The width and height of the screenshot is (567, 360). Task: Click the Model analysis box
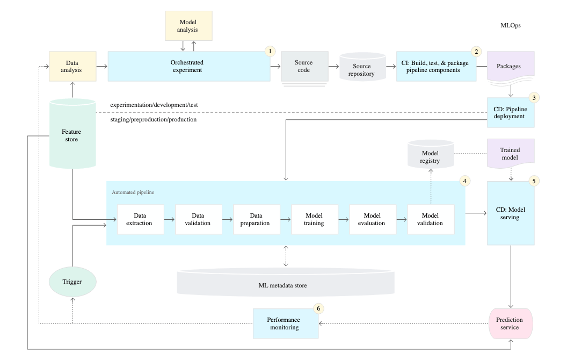[188, 26]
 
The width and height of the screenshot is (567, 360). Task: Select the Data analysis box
[72, 66]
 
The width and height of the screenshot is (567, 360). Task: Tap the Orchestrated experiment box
[188, 66]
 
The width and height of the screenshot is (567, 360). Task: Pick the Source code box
[304, 66]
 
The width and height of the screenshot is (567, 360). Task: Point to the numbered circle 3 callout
[534, 98]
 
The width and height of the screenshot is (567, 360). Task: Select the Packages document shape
[508, 67]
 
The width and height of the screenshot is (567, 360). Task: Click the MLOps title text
[510, 25]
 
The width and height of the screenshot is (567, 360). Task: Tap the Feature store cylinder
[72, 135]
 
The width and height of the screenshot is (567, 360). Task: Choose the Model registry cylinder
[430, 156]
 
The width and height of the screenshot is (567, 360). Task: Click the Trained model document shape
[510, 154]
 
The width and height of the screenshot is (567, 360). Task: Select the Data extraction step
[140, 219]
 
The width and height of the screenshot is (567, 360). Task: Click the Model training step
[314, 219]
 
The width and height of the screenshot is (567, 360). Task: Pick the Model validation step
[431, 219]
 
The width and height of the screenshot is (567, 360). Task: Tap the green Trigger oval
[72, 282]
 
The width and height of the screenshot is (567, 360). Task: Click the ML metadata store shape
[286, 284]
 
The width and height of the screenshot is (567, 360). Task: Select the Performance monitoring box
[285, 323]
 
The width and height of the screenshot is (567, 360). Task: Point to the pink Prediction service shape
[510, 323]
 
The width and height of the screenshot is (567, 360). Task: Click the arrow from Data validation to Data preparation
[228, 219]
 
